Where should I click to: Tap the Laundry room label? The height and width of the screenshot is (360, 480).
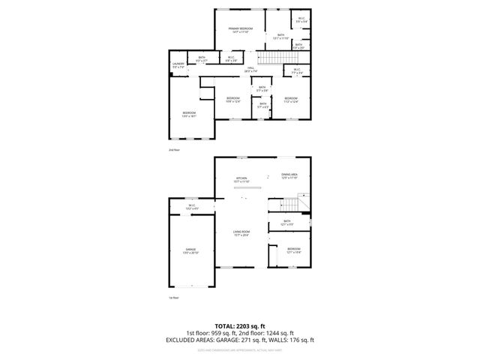tap(178, 65)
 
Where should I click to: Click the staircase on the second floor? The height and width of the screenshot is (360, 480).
tap(274, 58)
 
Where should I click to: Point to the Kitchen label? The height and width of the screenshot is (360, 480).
tap(242, 179)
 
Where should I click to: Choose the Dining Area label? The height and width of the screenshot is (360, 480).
tap(289, 176)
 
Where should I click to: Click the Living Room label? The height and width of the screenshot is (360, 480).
tap(241, 234)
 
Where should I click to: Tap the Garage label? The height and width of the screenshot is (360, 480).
tap(190, 251)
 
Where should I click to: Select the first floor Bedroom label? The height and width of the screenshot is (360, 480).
tap(293, 250)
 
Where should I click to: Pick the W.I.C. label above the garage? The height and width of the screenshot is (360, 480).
tap(191, 207)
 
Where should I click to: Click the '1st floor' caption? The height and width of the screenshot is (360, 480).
tap(173, 298)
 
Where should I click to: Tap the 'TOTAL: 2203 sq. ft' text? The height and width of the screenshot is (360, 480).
tap(239, 326)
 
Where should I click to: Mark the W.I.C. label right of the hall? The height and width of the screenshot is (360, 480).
tap(297, 71)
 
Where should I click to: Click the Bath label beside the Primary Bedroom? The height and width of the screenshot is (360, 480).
tap(280, 35)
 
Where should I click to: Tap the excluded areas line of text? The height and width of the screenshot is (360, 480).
tap(239, 340)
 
